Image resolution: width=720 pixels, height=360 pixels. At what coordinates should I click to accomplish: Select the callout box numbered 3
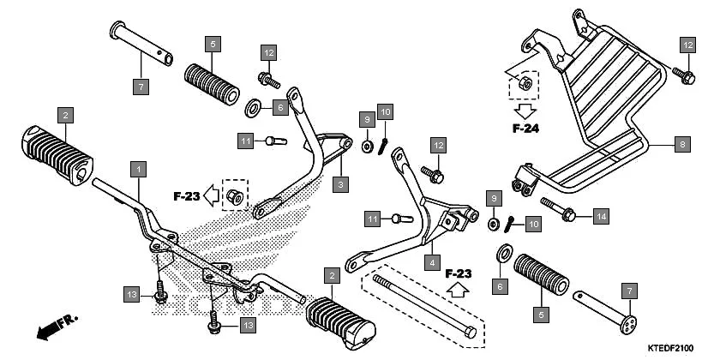(x=340, y=183)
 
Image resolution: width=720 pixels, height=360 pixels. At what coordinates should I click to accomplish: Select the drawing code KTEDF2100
(x=669, y=348)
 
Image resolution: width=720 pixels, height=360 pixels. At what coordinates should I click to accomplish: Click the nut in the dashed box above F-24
(x=524, y=84)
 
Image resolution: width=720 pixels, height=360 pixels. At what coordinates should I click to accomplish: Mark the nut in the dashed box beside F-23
(x=233, y=196)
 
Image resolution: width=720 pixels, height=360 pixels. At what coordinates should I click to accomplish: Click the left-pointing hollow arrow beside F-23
(x=210, y=195)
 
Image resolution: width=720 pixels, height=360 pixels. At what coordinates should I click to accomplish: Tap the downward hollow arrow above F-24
(x=524, y=109)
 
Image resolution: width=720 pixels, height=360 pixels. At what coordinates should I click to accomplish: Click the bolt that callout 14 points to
(x=561, y=210)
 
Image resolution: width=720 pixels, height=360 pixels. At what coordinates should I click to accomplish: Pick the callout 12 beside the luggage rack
(x=687, y=45)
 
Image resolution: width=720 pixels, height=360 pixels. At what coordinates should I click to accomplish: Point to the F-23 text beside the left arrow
(x=185, y=196)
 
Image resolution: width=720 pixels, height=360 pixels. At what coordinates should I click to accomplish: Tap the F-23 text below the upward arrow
(x=459, y=274)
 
